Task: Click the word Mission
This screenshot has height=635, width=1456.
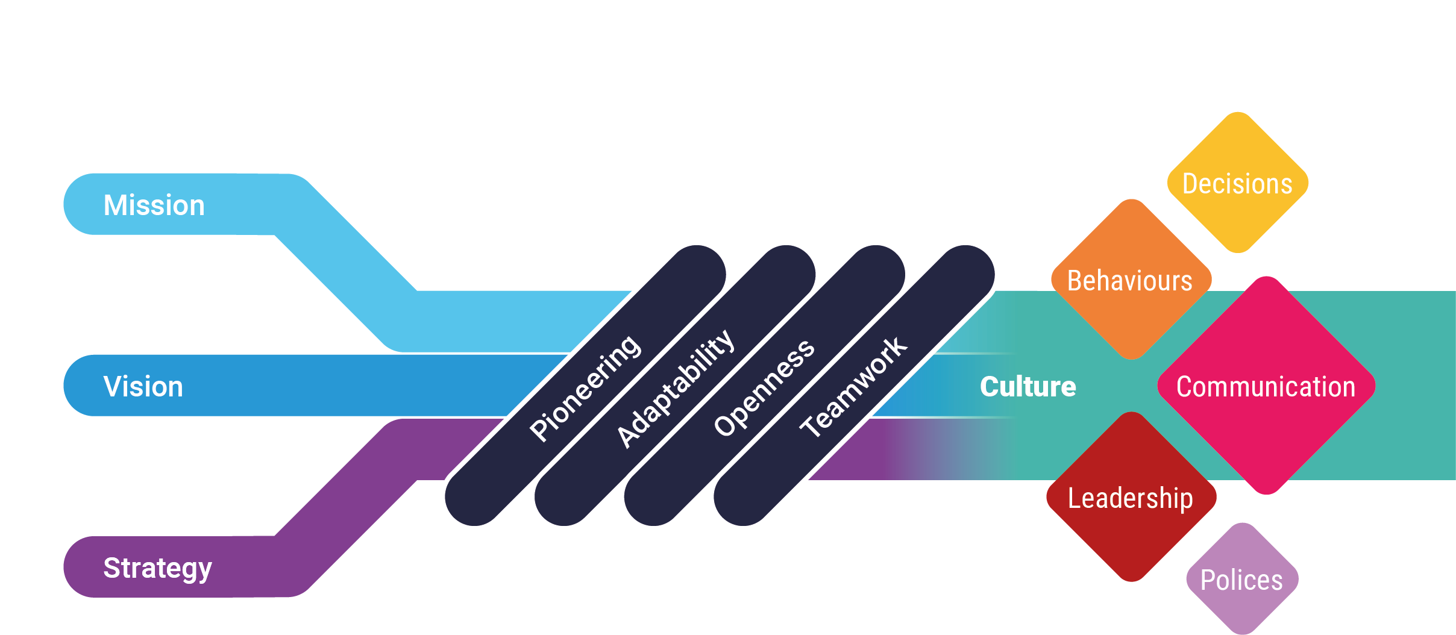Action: (154, 205)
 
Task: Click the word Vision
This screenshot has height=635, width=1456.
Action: (143, 387)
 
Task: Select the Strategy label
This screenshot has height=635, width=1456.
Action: (158, 568)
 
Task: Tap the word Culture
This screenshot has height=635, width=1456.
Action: (1028, 387)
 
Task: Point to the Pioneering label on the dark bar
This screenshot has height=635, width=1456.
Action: (585, 389)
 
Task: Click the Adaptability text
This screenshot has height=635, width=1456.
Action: (675, 389)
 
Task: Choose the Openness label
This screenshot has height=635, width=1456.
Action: (764, 387)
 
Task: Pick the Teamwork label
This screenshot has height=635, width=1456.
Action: (853, 387)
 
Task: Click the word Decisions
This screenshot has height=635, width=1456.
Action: (1238, 184)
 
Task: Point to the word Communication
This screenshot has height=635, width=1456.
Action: (1266, 387)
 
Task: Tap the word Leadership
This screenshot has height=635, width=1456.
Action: (1131, 498)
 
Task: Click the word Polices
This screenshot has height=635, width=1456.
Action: (1242, 580)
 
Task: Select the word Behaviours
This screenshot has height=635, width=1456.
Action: (1130, 281)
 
